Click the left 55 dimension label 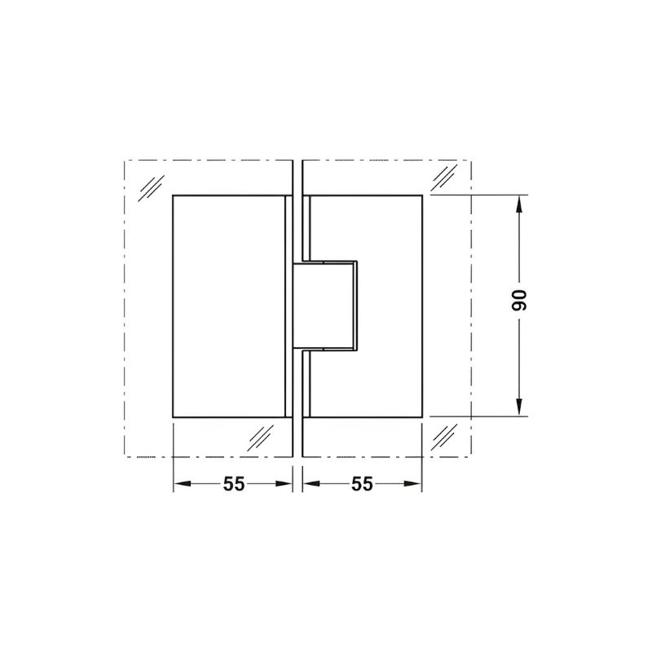click(234, 484)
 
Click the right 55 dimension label click(362, 484)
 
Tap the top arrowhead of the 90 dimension click(519, 205)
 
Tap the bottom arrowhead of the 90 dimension click(519, 407)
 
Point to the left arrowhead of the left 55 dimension click(182, 483)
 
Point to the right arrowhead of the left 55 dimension click(284, 483)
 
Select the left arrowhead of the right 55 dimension click(312, 483)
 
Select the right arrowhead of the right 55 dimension click(413, 483)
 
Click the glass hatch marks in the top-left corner click(151, 188)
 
